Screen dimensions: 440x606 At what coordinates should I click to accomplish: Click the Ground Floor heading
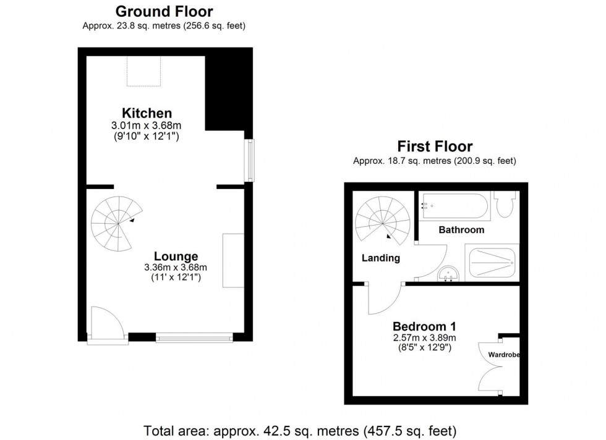(x=164, y=11)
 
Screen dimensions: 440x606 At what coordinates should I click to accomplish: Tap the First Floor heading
(x=434, y=146)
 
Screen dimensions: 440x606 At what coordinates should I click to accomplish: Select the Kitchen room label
(x=147, y=113)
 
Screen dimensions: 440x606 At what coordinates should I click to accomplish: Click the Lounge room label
(x=176, y=256)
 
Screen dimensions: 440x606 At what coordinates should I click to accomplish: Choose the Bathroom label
(x=461, y=230)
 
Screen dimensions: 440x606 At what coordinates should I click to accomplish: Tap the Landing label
(x=380, y=258)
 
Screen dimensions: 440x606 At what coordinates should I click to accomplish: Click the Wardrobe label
(x=504, y=355)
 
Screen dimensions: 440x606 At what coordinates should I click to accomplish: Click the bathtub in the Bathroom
(x=455, y=206)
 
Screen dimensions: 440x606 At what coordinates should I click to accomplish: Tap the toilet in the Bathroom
(x=505, y=204)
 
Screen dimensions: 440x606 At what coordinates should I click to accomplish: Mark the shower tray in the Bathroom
(x=492, y=263)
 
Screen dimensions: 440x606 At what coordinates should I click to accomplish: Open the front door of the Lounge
(x=106, y=323)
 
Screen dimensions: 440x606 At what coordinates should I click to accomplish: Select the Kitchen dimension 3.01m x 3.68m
(x=147, y=125)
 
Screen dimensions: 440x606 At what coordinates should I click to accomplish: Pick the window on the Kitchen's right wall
(x=249, y=160)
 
